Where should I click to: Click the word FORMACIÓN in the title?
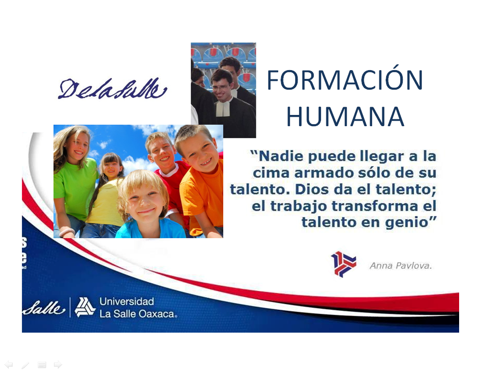coord(345,80)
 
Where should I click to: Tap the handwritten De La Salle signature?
coord(112,90)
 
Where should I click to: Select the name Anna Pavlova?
coord(401,265)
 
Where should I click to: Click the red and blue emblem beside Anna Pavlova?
coord(343,264)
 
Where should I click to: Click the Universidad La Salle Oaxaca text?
coord(138,308)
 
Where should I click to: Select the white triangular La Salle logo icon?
coord(85,307)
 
